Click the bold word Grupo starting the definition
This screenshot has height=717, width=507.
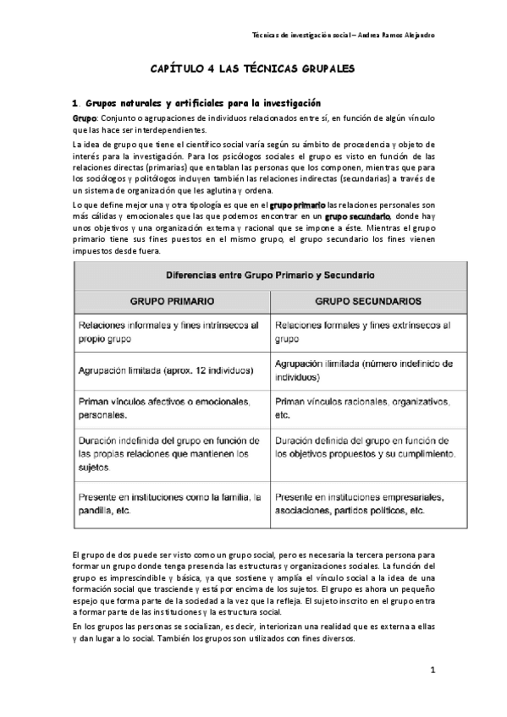(x=85, y=118)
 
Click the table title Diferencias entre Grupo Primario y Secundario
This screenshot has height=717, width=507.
(x=271, y=276)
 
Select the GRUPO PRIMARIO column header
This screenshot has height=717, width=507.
(x=171, y=301)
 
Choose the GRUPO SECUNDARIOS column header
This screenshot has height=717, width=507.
(x=368, y=301)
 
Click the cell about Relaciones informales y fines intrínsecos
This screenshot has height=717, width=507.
(x=171, y=331)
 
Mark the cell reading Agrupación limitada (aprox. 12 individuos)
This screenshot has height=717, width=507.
(x=166, y=370)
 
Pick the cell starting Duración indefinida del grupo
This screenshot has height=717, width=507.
(x=169, y=453)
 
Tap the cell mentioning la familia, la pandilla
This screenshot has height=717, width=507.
(x=169, y=504)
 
